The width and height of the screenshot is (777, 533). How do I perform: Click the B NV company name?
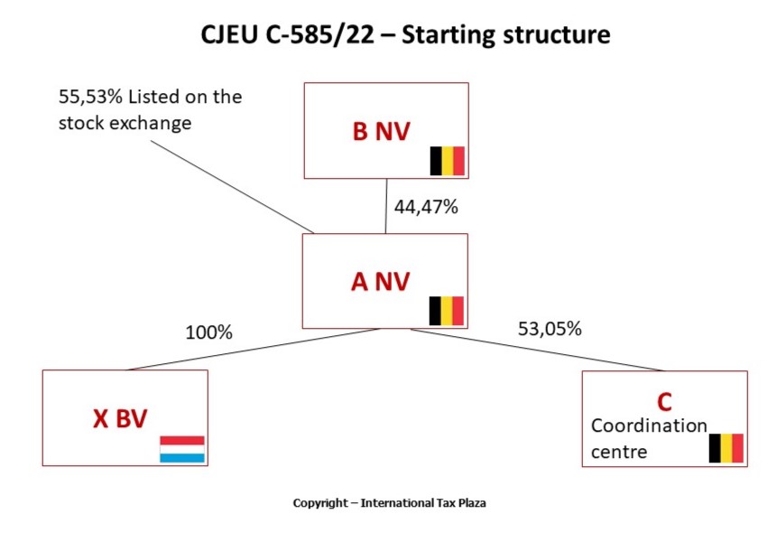click(381, 132)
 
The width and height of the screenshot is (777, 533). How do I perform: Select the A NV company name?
click(380, 282)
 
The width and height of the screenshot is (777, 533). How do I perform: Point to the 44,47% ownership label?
click(426, 207)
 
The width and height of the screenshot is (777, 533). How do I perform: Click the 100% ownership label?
click(208, 332)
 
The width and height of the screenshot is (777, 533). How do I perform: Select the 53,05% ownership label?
click(549, 329)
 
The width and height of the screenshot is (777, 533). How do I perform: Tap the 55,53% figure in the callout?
click(88, 97)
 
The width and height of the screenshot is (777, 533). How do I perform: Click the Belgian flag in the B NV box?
click(447, 161)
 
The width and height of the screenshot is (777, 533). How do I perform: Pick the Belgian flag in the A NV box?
click(447, 311)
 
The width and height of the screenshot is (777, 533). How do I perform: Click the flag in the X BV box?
click(182, 449)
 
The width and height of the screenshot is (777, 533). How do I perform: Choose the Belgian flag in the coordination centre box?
click(726, 448)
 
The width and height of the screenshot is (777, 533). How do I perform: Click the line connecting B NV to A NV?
click(386, 206)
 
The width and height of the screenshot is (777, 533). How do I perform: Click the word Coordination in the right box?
click(649, 425)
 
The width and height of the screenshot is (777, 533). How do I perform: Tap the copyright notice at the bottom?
click(389, 502)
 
